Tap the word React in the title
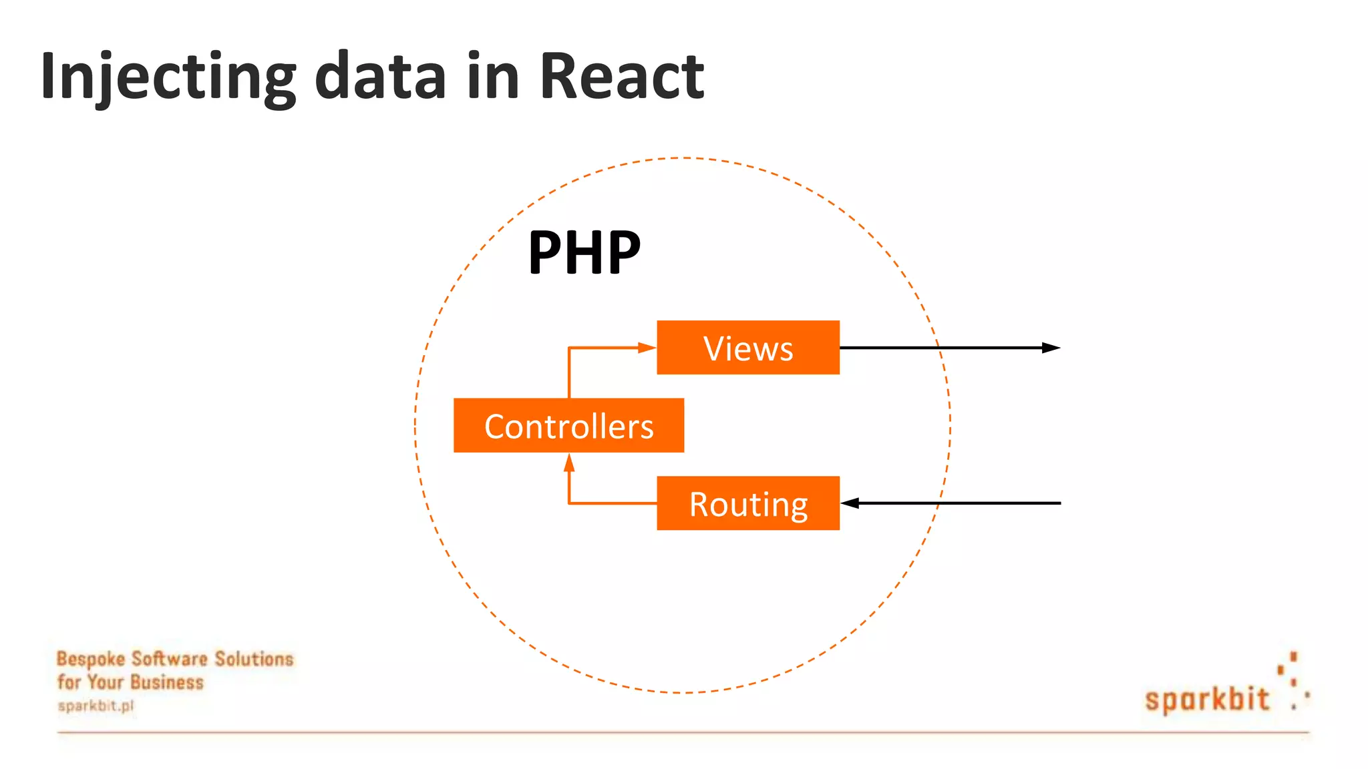pyautogui.click(x=621, y=77)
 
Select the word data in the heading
pyautogui.click(x=380, y=77)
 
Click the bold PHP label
pyautogui.click(x=584, y=252)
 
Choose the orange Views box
pyautogui.click(x=748, y=348)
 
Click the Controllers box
pyautogui.click(x=568, y=426)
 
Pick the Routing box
pyautogui.click(x=748, y=503)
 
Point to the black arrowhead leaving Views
pyautogui.click(x=1051, y=348)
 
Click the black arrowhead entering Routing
pyautogui.click(x=850, y=503)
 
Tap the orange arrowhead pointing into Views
pyautogui.click(x=647, y=348)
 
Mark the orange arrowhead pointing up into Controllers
pyautogui.click(x=569, y=463)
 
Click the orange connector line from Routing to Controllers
pyautogui.click(x=611, y=503)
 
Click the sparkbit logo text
pyautogui.click(x=1207, y=700)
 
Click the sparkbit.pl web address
pyautogui.click(x=96, y=706)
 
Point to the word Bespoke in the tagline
pyautogui.click(x=91, y=660)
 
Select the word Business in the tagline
pyautogui.click(x=168, y=682)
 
